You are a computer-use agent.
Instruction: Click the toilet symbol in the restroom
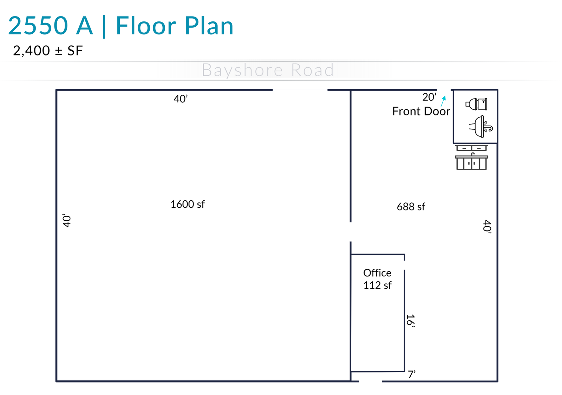tap(476, 104)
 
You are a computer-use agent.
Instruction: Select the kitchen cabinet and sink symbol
tap(471, 158)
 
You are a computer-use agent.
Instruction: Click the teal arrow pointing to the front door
tap(443, 101)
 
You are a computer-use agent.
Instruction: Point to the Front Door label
tap(421, 111)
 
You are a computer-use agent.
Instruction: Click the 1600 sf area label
tap(188, 204)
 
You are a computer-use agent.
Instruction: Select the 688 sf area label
tap(411, 207)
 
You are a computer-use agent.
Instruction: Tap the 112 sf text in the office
tap(377, 285)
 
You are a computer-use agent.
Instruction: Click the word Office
tap(377, 273)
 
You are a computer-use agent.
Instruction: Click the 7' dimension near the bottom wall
tap(412, 374)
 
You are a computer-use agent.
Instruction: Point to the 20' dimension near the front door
tap(429, 97)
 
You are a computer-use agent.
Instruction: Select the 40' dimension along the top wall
tap(181, 99)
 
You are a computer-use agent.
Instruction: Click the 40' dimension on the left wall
tap(67, 221)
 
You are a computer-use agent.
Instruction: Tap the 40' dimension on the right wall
tap(487, 227)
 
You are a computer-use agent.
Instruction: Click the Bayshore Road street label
tap(268, 70)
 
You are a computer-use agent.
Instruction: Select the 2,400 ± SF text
tap(48, 51)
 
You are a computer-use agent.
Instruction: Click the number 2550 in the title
tap(38, 26)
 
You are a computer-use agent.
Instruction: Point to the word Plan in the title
tap(209, 26)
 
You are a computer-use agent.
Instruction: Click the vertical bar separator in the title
tap(104, 26)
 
